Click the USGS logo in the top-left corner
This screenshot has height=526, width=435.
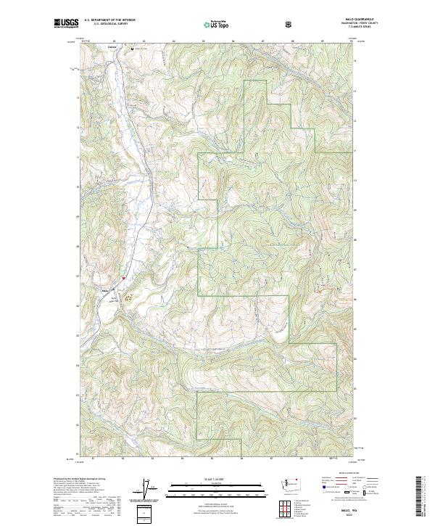[x=65, y=23]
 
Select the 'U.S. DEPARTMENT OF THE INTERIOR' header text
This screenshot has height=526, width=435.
[x=109, y=21]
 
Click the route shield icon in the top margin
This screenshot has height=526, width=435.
[x=289, y=24]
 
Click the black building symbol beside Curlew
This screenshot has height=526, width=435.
[x=133, y=49]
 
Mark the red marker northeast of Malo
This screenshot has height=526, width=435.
[x=124, y=276]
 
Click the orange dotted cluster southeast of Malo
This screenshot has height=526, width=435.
[x=128, y=296]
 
